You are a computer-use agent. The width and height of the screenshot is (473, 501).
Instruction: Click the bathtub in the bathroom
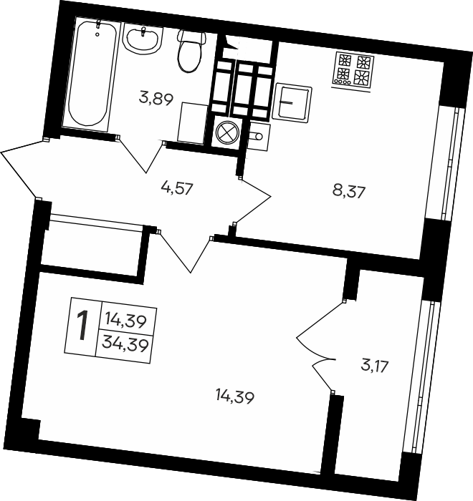(90, 74)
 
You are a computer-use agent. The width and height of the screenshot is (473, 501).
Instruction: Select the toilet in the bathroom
(191, 50)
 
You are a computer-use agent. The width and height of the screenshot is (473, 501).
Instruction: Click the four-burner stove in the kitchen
(353, 70)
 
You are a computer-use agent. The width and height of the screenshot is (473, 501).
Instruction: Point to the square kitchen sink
(292, 103)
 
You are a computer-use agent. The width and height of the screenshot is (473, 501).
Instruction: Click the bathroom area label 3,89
(156, 98)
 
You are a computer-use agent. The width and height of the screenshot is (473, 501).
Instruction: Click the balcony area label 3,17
(374, 366)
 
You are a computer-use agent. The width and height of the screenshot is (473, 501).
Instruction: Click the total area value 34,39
(125, 345)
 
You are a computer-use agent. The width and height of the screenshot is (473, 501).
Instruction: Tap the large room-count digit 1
(82, 326)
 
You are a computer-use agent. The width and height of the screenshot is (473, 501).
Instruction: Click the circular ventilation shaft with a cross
(227, 132)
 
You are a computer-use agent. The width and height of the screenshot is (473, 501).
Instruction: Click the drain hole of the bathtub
(97, 34)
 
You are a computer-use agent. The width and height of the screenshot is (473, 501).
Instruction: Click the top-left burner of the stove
(345, 59)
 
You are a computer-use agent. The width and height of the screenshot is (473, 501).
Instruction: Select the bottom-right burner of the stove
(363, 78)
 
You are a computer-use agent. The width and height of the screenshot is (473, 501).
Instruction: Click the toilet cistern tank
(191, 37)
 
